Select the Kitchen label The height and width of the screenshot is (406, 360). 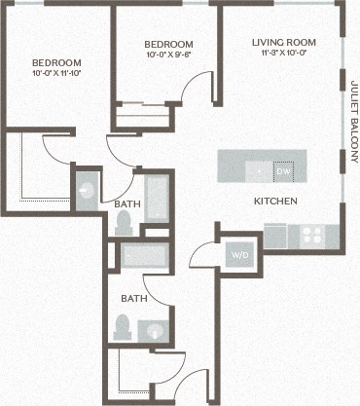coord(275,202)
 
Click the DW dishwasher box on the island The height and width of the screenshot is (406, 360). coord(283,171)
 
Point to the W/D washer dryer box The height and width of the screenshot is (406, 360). coord(239,256)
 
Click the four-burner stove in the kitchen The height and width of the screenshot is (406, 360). coord(312,235)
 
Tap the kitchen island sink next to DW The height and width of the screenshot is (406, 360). coord(258,169)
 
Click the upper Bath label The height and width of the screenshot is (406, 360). coord(126,204)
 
